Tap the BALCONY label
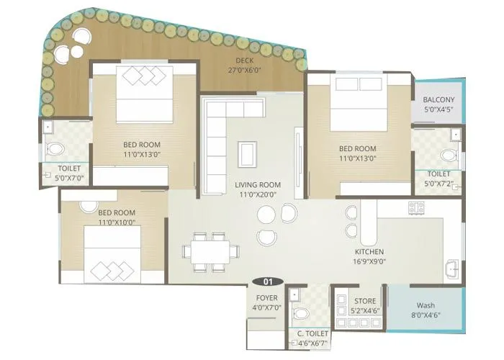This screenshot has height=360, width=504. point(438,99)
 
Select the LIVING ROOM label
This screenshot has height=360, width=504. point(258,185)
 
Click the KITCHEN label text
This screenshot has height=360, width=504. point(369,252)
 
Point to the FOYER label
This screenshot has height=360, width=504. point(266,298)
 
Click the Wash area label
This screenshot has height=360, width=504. point(425,305)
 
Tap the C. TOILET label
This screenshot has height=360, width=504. point(312,334)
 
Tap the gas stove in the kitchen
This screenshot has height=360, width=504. point(416,209)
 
